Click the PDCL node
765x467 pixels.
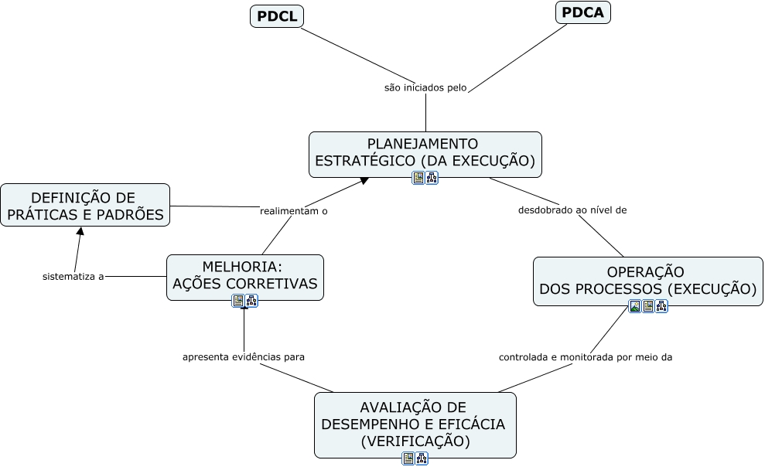276,16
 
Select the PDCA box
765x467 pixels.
583,12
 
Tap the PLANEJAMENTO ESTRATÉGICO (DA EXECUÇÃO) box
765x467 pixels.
425,152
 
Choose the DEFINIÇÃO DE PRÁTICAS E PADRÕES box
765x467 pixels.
84,206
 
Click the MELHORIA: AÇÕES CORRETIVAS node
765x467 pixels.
244,276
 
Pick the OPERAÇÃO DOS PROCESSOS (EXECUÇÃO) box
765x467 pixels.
647,281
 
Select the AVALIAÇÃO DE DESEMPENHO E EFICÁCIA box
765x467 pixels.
415,424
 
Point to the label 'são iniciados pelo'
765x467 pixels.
425,88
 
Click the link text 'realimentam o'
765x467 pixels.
294,210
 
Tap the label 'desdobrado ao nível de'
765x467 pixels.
572,210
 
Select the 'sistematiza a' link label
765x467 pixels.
73,276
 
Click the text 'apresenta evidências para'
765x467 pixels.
244,357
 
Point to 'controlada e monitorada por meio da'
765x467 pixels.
586,358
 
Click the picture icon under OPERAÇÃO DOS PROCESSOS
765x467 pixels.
635,306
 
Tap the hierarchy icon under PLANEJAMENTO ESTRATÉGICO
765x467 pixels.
432,179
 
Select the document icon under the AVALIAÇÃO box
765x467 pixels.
408,458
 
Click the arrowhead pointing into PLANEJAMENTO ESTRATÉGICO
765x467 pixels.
364,181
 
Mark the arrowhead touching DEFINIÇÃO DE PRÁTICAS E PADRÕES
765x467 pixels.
79,231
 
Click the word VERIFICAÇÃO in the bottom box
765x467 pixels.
415,442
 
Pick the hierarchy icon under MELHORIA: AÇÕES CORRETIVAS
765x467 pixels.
251,301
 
